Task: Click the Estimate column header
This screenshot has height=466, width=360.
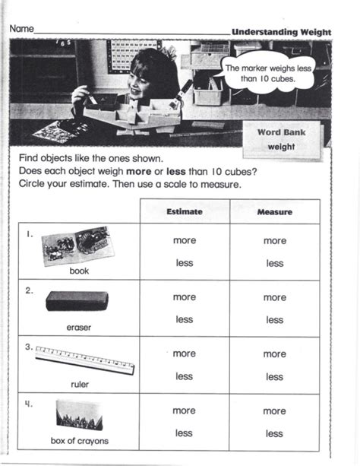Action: tap(184, 212)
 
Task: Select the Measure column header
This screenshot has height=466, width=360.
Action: tap(275, 212)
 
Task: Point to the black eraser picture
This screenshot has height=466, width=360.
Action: tap(77, 301)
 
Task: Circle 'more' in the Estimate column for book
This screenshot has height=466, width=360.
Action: tap(185, 240)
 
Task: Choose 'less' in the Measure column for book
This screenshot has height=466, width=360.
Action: tap(275, 263)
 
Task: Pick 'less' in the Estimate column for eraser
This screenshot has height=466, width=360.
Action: tap(185, 320)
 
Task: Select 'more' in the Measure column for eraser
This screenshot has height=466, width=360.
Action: tap(275, 297)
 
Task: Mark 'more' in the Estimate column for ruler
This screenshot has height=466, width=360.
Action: tap(185, 353)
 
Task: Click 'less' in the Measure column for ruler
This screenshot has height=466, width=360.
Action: tap(275, 376)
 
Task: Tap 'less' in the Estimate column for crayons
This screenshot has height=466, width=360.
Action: tap(185, 433)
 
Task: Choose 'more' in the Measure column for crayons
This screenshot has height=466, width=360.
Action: tap(275, 411)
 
